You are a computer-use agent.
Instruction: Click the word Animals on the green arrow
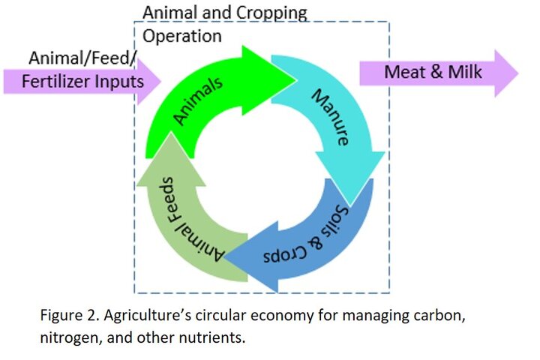(x=198, y=100)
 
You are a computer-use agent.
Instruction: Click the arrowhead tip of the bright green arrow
(x=296, y=80)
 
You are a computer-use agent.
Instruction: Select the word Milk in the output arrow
(x=465, y=72)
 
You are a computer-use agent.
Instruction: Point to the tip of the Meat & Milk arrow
(x=518, y=73)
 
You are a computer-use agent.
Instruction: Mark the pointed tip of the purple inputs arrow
(x=160, y=81)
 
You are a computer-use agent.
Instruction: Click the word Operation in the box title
(x=181, y=37)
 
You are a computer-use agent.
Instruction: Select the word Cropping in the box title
(x=272, y=13)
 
